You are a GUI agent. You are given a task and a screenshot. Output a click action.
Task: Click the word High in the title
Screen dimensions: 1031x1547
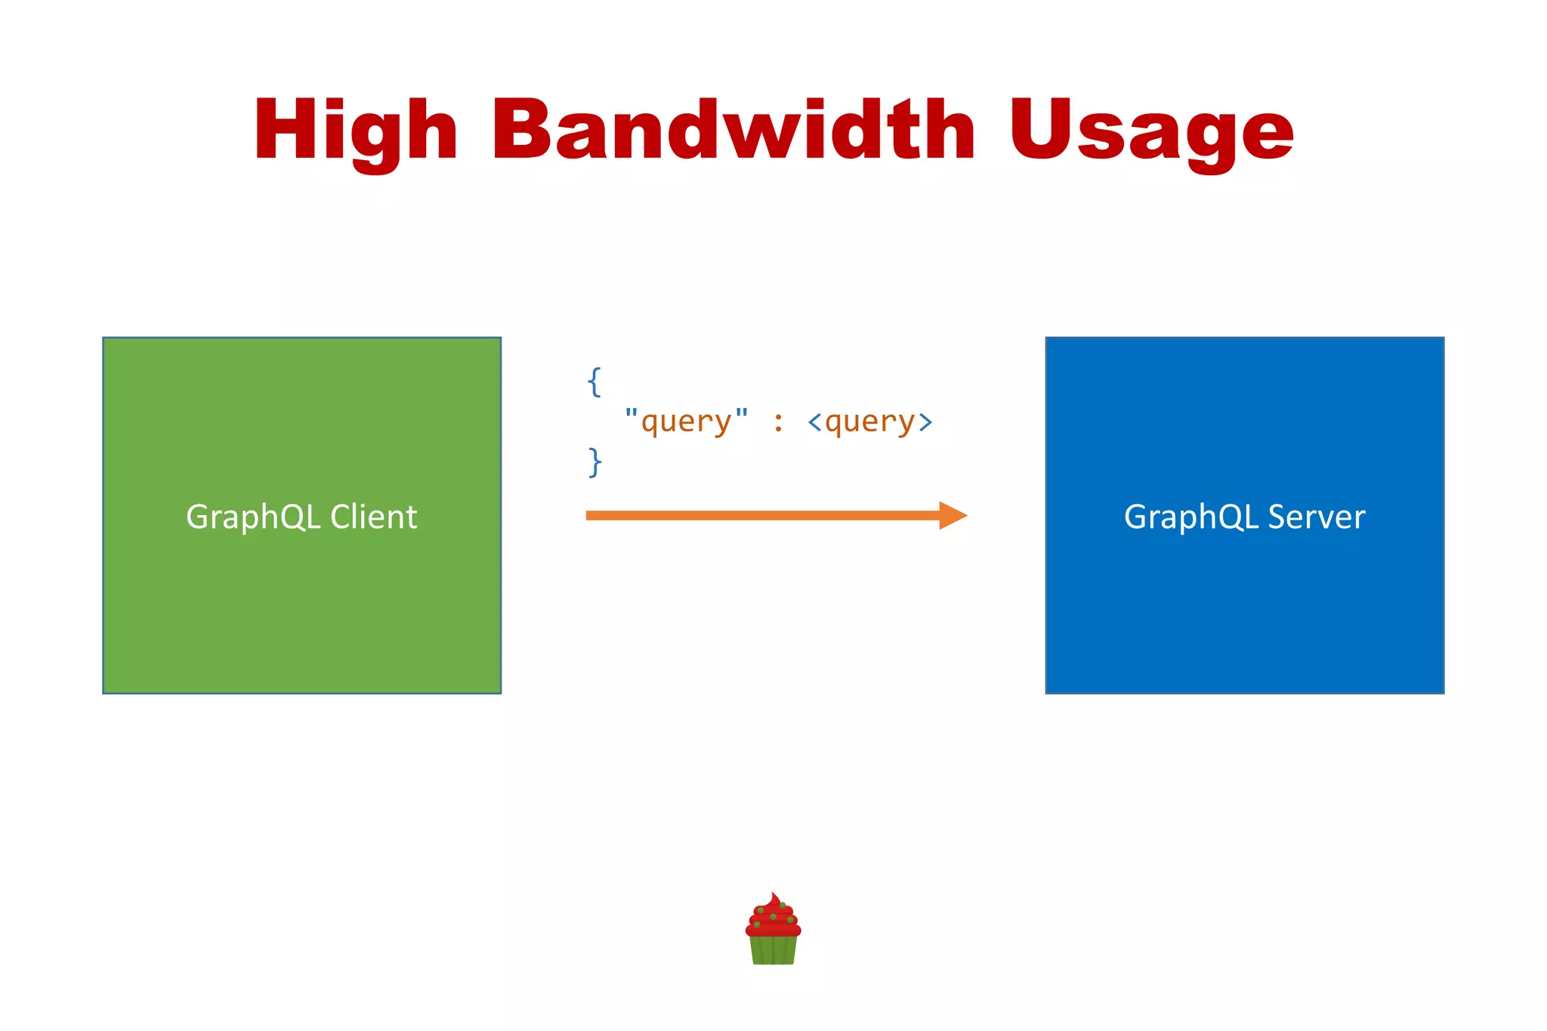355,130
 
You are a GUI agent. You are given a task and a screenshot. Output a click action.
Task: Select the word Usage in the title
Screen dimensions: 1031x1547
1151,130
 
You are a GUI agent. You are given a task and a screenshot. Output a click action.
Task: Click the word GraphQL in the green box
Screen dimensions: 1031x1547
253,517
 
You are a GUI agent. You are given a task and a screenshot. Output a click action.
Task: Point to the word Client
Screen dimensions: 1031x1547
373,517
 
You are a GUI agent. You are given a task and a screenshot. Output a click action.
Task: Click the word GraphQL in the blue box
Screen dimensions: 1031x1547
1191,517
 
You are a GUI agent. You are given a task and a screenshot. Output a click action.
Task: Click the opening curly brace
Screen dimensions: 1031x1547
594,381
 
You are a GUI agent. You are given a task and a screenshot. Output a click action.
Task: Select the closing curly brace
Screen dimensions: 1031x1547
594,461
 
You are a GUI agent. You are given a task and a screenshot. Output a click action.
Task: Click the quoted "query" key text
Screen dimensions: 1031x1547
686,421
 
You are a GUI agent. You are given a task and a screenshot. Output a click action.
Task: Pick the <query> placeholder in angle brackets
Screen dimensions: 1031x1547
869,421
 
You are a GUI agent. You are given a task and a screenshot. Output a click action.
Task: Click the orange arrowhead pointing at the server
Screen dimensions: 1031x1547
953,515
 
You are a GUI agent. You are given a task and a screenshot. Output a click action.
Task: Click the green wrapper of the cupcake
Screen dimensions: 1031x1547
773,949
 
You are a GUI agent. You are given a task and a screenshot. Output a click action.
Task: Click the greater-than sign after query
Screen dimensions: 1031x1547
925,421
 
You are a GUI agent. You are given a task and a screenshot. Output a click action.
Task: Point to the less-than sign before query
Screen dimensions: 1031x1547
814,421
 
